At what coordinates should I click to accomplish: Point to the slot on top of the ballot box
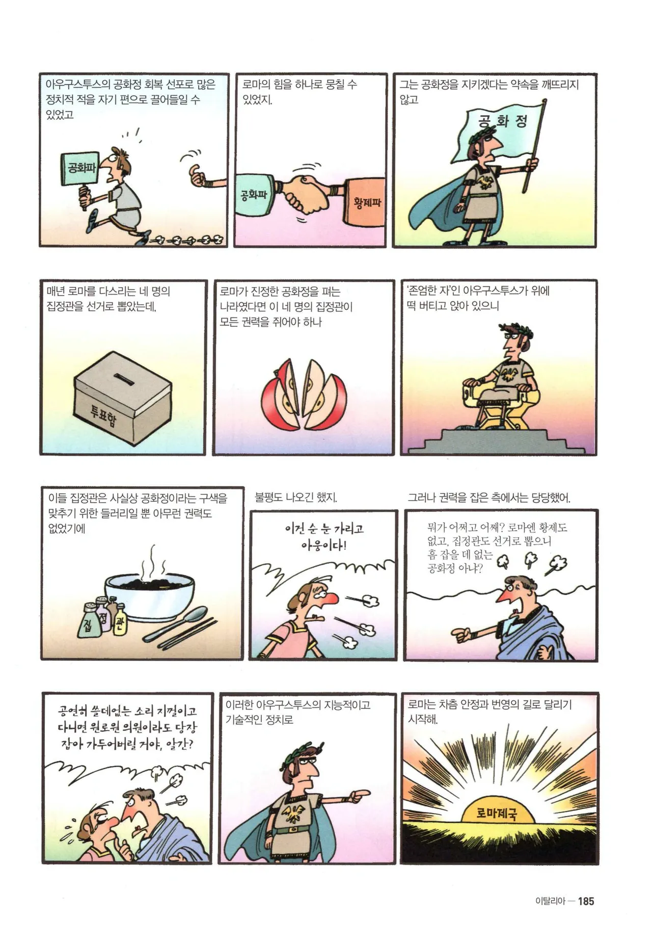(x=123, y=378)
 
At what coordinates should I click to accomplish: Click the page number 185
(x=586, y=901)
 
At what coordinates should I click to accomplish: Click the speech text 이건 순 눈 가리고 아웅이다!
(x=324, y=536)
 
